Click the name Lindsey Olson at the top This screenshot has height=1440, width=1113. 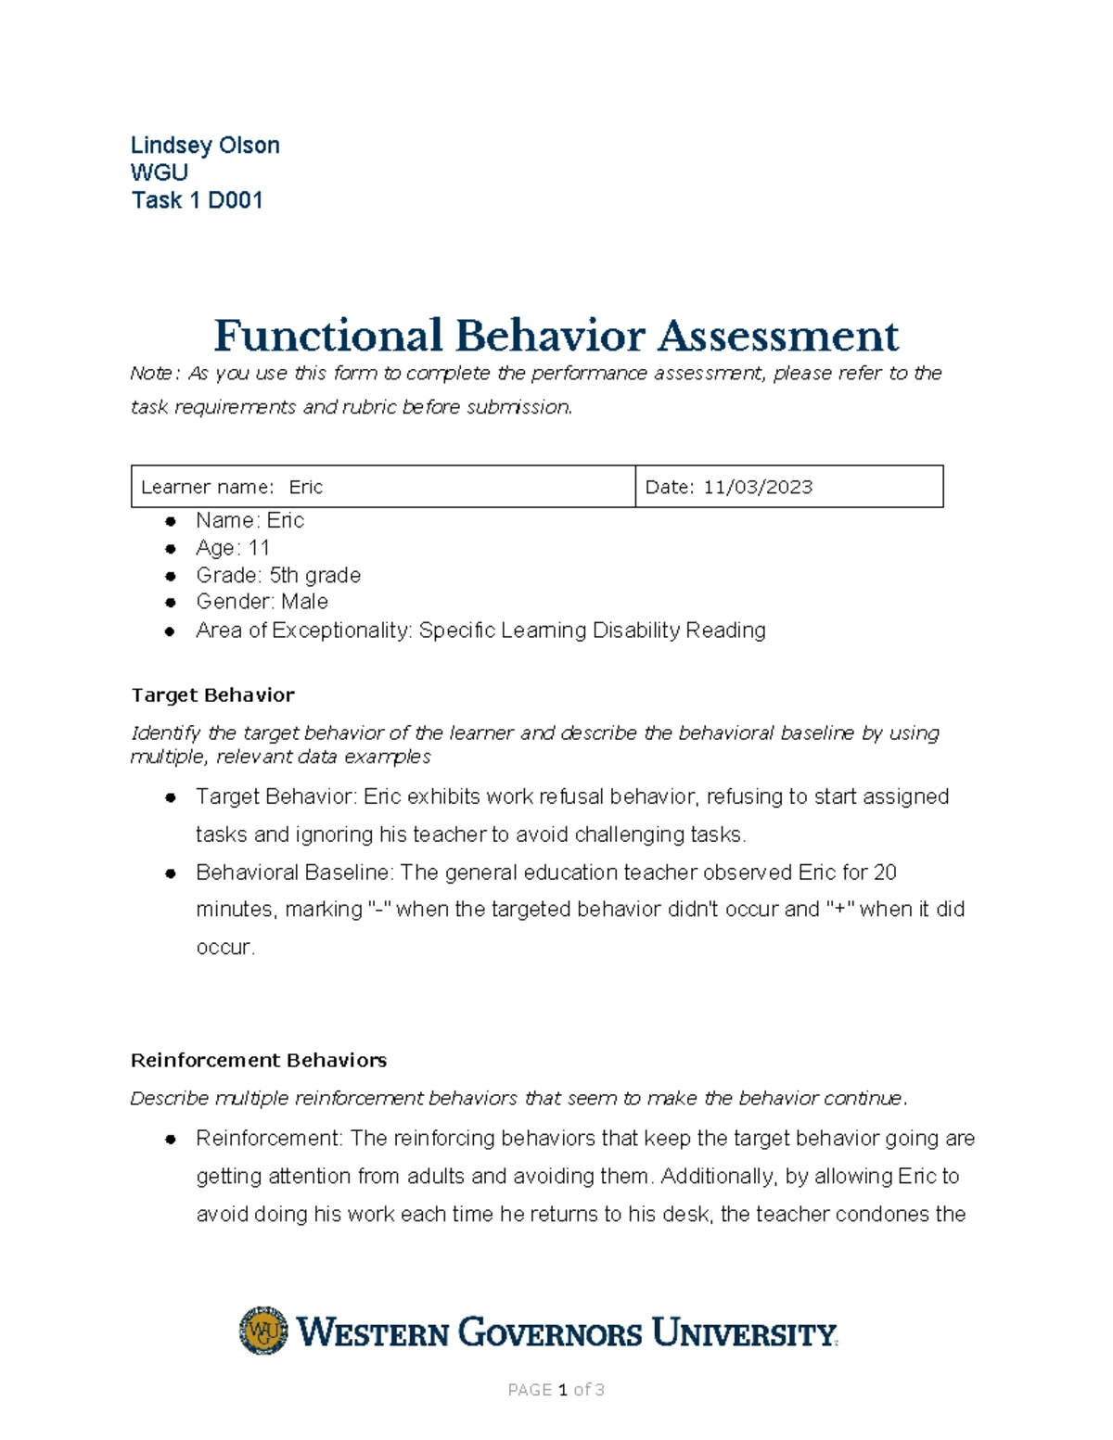point(205,146)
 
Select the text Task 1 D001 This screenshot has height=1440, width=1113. point(197,200)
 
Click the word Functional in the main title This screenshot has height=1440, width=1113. point(327,336)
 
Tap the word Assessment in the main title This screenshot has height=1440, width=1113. point(778,336)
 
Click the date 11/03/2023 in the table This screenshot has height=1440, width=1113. point(757,487)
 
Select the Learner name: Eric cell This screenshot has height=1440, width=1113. point(232,487)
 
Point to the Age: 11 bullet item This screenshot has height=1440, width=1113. point(232,548)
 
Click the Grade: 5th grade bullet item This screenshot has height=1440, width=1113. point(277,575)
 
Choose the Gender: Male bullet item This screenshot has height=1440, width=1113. point(262,602)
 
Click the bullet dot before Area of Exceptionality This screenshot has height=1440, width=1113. point(170,631)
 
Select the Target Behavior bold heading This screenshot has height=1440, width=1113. point(212,695)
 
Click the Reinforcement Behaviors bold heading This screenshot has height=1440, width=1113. point(259,1060)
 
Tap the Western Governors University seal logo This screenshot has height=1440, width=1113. point(263,1332)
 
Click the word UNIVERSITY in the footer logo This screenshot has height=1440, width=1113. point(744,1333)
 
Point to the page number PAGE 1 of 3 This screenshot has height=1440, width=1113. point(556,1389)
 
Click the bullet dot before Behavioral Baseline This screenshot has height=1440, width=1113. point(170,873)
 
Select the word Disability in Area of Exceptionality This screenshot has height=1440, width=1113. point(635,631)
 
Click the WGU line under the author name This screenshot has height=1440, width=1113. point(160,173)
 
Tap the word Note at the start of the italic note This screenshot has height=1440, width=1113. point(150,374)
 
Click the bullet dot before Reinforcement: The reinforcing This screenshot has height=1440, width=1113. point(170,1140)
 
